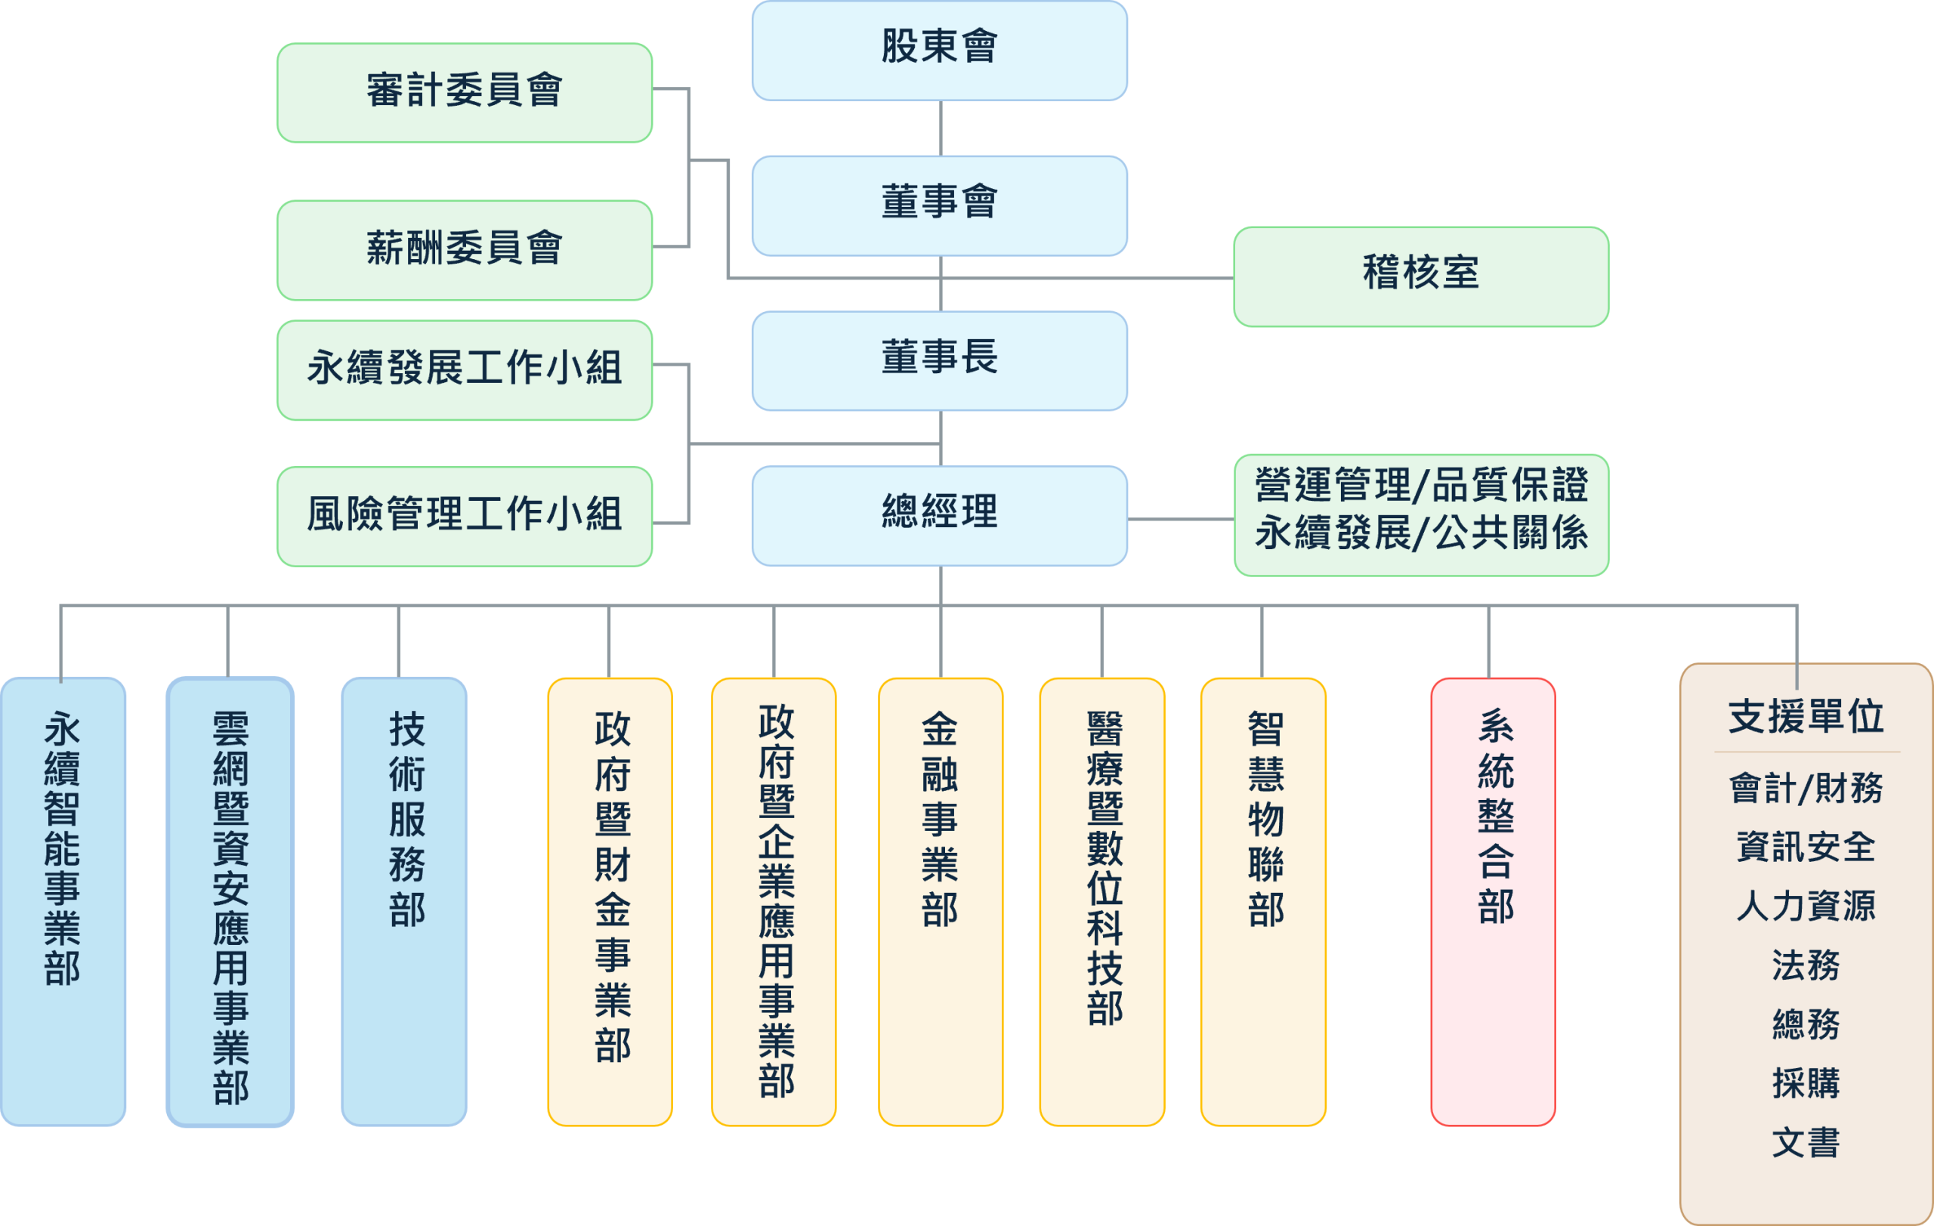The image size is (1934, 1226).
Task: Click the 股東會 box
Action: pos(939,50)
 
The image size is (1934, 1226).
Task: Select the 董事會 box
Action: pos(939,205)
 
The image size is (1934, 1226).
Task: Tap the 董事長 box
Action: pos(939,360)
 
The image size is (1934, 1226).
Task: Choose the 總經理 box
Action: pos(939,515)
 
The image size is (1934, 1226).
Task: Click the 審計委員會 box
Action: pos(464,92)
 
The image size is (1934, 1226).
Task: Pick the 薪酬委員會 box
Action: pos(464,250)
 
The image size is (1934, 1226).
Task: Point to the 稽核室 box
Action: pos(1420,276)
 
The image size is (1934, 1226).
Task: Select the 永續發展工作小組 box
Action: pos(464,369)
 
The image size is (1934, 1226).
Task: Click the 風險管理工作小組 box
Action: pos(464,515)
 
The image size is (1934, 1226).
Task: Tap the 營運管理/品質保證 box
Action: pos(1420,514)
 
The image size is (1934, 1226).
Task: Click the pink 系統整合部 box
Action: pos(1492,901)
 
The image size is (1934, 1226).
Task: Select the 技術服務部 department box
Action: pos(404,901)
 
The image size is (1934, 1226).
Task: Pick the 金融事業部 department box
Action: pos(940,901)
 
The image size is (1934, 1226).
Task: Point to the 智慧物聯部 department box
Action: pos(1262,901)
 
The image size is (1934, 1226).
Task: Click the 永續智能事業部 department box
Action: pos(63,901)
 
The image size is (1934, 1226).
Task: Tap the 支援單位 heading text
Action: pos(1806,716)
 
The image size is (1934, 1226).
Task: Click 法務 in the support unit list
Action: pos(1806,965)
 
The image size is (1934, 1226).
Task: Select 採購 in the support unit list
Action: pos(1806,1083)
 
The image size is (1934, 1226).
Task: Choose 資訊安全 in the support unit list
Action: pos(1806,847)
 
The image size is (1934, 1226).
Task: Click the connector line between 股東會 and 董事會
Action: pos(941,128)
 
